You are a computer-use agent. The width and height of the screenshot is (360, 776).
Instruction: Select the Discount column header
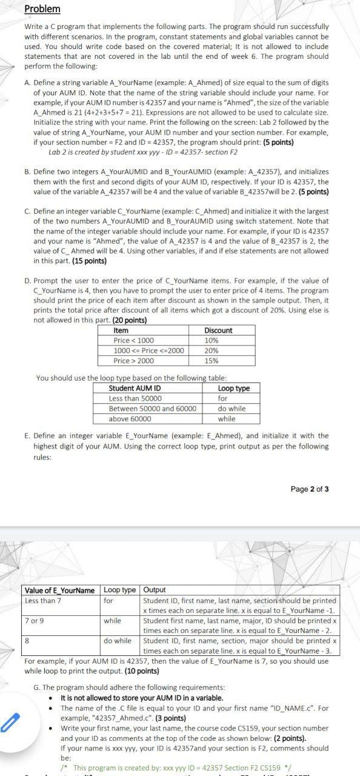[x=218, y=330]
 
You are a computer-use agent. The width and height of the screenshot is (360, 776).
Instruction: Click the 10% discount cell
[x=212, y=341]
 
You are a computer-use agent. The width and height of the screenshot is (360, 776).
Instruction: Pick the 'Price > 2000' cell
[x=134, y=361]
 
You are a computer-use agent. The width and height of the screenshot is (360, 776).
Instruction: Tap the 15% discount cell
[x=212, y=361]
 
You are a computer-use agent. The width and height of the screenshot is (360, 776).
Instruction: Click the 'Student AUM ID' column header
[x=135, y=388]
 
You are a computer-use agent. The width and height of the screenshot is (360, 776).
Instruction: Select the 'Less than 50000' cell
[x=135, y=398]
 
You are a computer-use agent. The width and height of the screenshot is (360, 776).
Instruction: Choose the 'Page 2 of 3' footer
[x=310, y=489]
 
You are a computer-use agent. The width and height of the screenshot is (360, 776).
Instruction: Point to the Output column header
[x=155, y=590]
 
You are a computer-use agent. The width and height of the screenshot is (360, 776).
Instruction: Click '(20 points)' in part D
[x=127, y=320]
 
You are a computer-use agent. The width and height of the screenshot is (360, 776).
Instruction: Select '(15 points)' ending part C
[x=89, y=261]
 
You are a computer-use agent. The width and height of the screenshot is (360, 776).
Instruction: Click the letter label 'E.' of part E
[x=28, y=435]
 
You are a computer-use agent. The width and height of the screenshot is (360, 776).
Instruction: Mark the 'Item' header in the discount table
[x=121, y=330]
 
